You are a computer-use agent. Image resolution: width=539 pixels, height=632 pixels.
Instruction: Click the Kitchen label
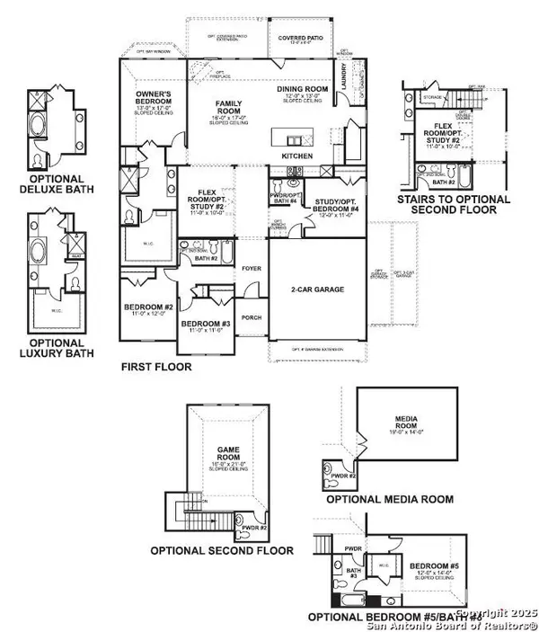[x=298, y=156]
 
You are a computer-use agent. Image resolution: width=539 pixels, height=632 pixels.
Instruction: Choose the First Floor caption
[x=156, y=368]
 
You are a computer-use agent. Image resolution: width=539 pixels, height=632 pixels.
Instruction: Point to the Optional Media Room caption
[x=389, y=499]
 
